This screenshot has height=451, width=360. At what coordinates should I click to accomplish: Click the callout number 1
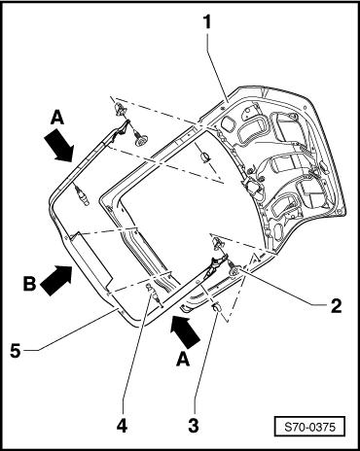tap(207, 23)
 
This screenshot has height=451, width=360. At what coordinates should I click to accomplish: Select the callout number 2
tap(336, 305)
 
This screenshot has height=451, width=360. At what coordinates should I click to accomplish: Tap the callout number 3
tap(194, 426)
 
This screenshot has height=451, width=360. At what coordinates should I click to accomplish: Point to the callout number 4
tap(123, 426)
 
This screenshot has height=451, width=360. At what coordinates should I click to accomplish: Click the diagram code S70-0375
tap(309, 427)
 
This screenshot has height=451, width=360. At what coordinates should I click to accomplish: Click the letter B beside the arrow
tap(30, 284)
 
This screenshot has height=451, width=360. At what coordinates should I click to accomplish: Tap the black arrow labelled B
tap(57, 279)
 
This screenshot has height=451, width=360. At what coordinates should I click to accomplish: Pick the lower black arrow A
tap(185, 332)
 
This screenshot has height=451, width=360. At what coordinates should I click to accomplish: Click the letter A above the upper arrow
tap(57, 118)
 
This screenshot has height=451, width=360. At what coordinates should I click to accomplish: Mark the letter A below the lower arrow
tap(182, 359)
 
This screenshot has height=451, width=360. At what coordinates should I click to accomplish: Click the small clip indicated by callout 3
tap(216, 306)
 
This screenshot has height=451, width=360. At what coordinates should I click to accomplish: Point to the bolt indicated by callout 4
tap(154, 294)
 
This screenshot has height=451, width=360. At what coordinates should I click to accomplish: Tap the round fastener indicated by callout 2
tap(234, 269)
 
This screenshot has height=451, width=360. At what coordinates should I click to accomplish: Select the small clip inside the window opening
tap(205, 156)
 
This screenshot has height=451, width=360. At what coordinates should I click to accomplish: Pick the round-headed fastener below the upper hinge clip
tap(140, 138)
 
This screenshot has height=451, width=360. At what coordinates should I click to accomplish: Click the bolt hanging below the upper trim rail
tap(82, 195)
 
